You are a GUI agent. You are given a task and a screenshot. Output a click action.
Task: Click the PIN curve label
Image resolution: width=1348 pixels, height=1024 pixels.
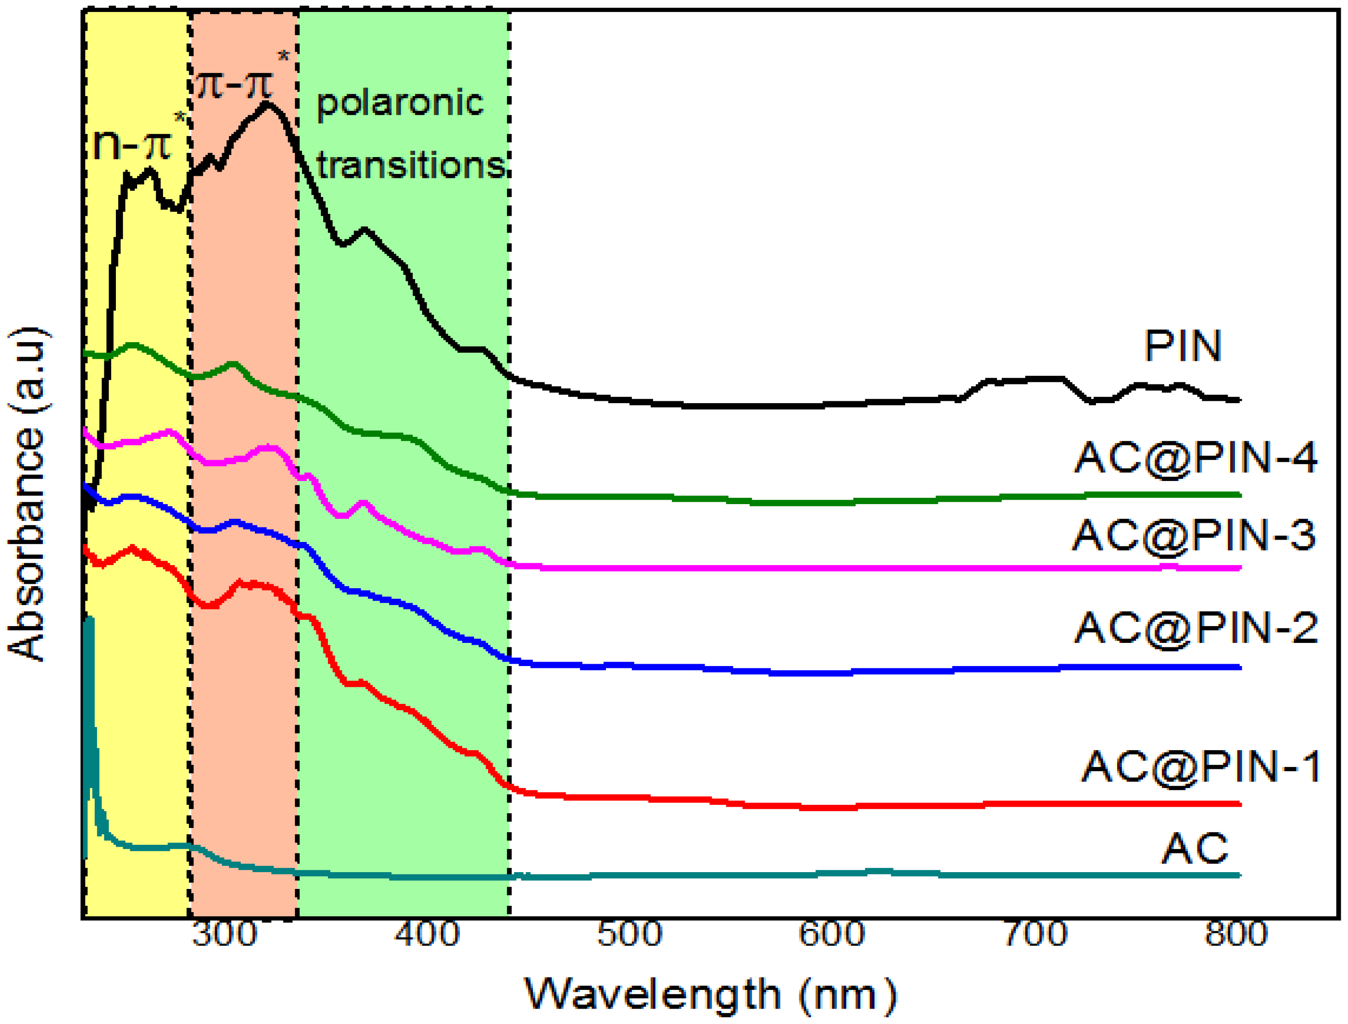1182,346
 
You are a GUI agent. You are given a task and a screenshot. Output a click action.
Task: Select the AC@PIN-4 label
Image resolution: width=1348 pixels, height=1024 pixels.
1196,457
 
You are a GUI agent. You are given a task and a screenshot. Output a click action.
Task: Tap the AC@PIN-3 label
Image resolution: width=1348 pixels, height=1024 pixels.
1194,535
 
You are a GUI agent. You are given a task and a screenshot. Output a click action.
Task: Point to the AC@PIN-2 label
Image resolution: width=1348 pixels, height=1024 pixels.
1196,628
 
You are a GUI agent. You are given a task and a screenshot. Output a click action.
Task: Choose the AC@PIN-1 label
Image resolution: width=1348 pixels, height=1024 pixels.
1200,767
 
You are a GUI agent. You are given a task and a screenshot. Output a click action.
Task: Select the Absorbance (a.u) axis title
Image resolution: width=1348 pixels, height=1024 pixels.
27,493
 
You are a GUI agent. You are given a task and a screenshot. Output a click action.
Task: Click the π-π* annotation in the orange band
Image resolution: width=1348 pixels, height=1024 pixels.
239,79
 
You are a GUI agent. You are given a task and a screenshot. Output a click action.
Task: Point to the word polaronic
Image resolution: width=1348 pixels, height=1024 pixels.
400,102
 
